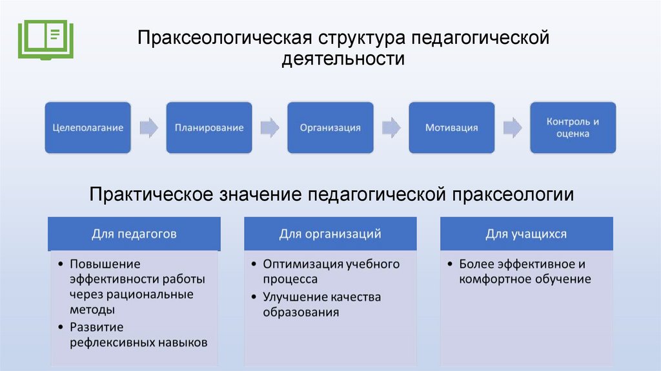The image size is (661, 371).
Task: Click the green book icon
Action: tap(45, 38)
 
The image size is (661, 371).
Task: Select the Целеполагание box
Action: tap(88, 127)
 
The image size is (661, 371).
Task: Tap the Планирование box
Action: tap(209, 127)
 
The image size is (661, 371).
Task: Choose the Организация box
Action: tap(330, 127)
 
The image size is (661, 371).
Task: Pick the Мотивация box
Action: tap(451, 127)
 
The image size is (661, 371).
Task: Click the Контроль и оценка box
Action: tap(573, 127)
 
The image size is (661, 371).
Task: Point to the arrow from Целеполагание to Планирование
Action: tap(148, 127)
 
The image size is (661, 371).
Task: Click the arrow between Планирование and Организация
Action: tap(270, 127)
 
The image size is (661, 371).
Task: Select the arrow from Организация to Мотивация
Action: tap(391, 127)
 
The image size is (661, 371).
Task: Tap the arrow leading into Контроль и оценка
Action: tap(512, 127)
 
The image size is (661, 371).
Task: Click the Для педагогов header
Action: tap(134, 233)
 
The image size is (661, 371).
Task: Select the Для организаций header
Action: tap(330, 233)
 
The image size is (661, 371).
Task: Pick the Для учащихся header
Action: tap(526, 233)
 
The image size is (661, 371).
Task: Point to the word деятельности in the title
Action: tap(343, 59)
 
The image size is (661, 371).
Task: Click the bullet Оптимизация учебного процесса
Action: tap(330, 271)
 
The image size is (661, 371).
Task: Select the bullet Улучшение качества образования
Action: tap(321, 304)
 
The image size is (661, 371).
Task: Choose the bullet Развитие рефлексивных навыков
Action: tap(138, 335)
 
